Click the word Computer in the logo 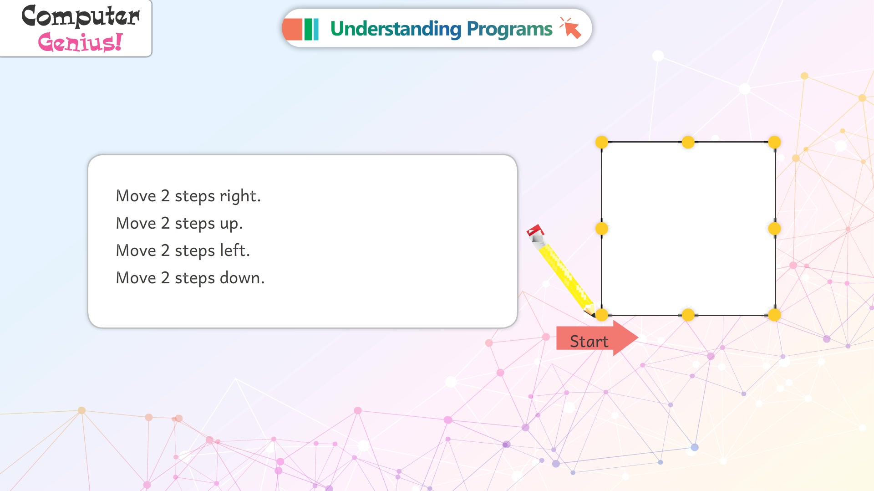point(81,16)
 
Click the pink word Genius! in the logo point(80,42)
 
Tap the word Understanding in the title point(396,29)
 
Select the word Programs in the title point(509,29)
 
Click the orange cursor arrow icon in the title point(571,28)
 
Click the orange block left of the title point(292,29)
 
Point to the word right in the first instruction point(240,196)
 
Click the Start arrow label point(597,338)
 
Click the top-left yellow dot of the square point(602,142)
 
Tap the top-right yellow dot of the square point(774,142)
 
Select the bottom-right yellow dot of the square point(774,315)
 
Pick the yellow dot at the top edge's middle point(688,142)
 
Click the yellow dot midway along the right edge point(774,229)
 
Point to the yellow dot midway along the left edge point(602,229)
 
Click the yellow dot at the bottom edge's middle point(688,315)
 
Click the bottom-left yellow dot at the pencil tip point(602,315)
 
